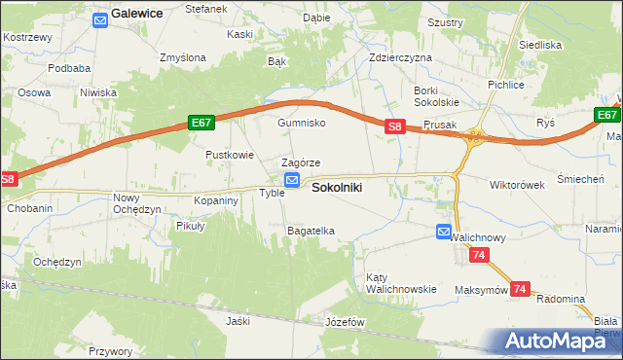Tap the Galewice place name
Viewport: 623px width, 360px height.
137,14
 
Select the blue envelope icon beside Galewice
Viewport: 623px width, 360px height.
99,18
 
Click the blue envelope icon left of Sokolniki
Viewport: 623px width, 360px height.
292,180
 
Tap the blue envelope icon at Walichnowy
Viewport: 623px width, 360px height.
444,232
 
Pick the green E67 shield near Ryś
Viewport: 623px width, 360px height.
606,115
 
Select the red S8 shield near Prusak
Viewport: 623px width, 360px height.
394,126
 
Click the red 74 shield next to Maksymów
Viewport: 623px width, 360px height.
521,289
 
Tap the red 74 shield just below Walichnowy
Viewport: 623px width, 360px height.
478,255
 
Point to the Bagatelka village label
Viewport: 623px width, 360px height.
311,231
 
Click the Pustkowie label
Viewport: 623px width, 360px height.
230,155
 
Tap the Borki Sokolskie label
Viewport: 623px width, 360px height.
435,95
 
